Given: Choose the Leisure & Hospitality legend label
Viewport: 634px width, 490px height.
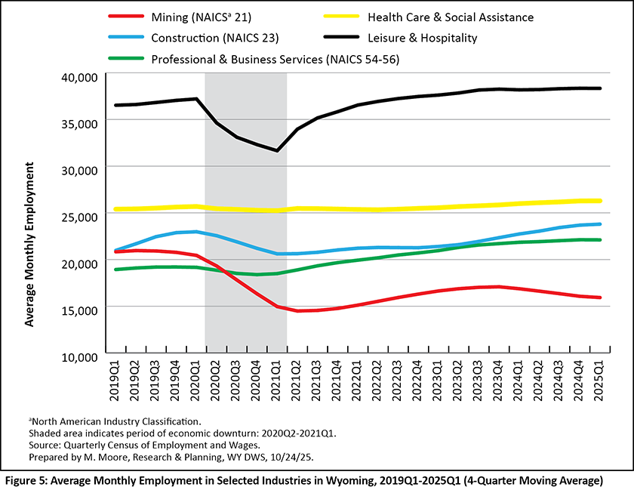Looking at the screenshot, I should pos(423,37).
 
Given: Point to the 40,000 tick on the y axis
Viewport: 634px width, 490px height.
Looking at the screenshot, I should pos(78,77).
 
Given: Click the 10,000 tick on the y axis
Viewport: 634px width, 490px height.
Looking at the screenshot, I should pos(78,356).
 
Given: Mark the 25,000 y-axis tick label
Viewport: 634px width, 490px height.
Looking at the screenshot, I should pos(78,217).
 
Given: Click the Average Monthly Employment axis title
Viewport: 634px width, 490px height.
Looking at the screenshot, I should pos(30,243).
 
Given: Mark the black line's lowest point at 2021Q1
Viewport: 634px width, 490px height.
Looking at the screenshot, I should pos(278,151).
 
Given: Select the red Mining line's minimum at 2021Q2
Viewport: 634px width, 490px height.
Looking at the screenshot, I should pos(298,311).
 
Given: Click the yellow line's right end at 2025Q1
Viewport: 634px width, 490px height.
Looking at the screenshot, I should pos(600,201).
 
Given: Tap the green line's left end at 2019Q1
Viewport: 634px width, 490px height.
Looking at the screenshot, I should pos(115,270).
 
